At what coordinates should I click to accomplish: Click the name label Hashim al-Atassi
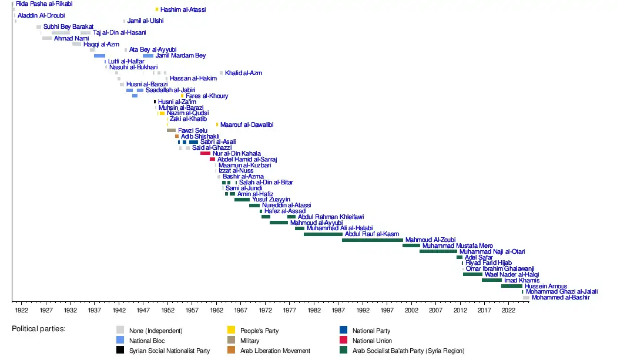click(183, 10)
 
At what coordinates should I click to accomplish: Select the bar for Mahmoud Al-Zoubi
click(373, 240)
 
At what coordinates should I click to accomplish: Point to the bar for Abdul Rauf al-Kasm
click(323, 234)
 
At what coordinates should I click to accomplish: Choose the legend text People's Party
click(263, 331)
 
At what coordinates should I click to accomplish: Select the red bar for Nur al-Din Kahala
click(205, 153)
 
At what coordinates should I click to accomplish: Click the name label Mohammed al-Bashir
click(557, 298)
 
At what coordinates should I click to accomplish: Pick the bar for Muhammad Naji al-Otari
click(438, 251)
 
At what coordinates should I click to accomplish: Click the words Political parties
click(39, 328)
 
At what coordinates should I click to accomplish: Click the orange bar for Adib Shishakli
click(177, 136)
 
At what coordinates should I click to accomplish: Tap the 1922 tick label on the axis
click(22, 309)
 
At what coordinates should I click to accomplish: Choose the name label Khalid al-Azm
click(243, 73)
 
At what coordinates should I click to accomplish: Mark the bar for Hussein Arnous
click(511, 286)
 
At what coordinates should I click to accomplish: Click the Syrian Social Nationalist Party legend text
click(170, 351)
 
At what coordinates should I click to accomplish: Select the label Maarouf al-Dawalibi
click(247, 125)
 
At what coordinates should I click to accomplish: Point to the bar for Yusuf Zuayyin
click(242, 200)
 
